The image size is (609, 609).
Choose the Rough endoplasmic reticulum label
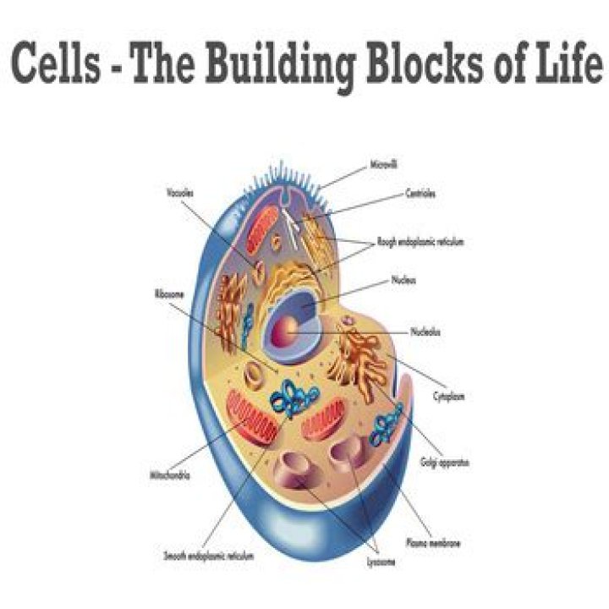pyautogui.click(x=421, y=242)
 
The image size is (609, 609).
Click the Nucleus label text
pyautogui.click(x=403, y=279)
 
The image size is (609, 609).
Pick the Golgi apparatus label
pyautogui.click(x=444, y=464)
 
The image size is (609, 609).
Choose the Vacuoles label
pyautogui.click(x=179, y=194)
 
